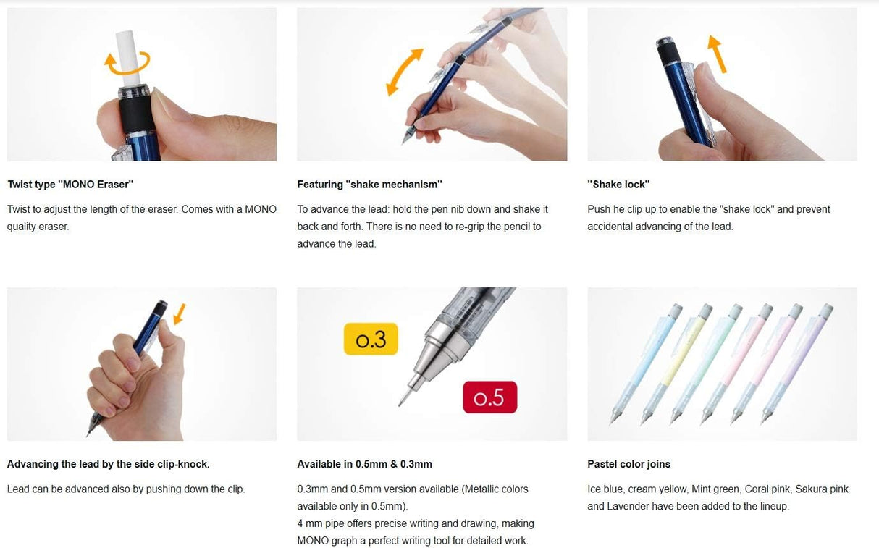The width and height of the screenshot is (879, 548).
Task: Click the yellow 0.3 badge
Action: pos(371,339)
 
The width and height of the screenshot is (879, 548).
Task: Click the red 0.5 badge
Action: pos(489,397)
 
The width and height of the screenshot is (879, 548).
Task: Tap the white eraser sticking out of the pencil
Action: pos(127,58)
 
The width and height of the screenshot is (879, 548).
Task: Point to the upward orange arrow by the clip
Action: pos(717,54)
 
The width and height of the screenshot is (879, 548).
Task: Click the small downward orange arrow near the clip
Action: pos(180,314)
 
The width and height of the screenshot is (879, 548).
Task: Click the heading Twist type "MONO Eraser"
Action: pos(71,185)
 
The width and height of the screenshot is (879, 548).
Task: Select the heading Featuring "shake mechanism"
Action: pos(370,185)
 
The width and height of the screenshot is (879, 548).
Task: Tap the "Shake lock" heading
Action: pos(618,185)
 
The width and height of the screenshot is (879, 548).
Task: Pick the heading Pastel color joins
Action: pos(629,464)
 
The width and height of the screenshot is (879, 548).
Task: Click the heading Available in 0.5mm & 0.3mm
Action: pos(364,464)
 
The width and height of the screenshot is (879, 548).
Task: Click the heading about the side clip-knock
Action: pos(109,464)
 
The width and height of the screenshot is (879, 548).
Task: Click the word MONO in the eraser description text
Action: pos(261,209)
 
